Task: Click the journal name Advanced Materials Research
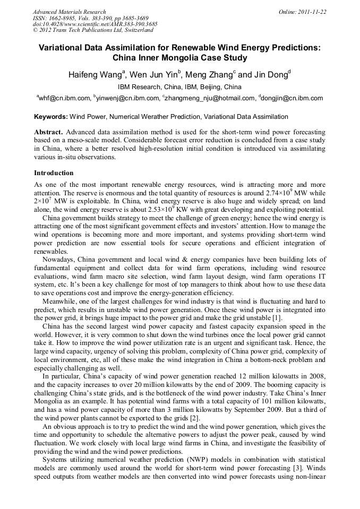(x=70, y=12)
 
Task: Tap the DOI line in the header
(x=95, y=24)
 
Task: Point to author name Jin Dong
(x=271, y=75)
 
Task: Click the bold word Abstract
(x=48, y=132)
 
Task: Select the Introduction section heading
(x=54, y=173)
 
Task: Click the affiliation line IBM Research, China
(x=179, y=87)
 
